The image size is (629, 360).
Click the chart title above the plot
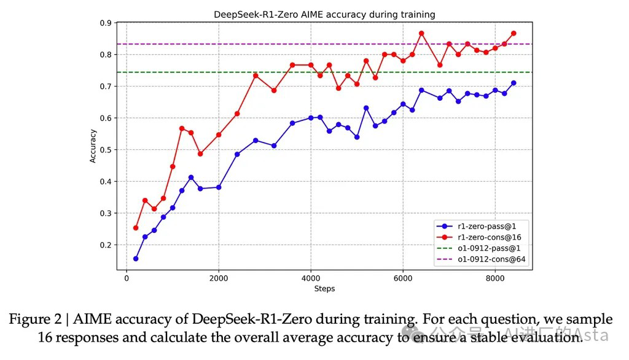(x=324, y=14)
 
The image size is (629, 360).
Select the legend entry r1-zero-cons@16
(x=491, y=237)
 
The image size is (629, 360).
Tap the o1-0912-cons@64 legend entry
(x=491, y=260)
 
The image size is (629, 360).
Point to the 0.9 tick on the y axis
(x=106, y=23)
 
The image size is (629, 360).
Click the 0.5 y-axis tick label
(x=106, y=150)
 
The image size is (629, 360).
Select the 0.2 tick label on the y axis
(x=106, y=245)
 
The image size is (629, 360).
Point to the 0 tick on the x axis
(x=127, y=278)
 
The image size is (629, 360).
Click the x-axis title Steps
(x=324, y=289)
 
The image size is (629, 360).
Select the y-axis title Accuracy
(x=93, y=146)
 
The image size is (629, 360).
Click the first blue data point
(x=136, y=259)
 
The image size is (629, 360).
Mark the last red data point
(x=514, y=33)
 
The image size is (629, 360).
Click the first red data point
(x=136, y=228)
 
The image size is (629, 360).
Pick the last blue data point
(x=514, y=83)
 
